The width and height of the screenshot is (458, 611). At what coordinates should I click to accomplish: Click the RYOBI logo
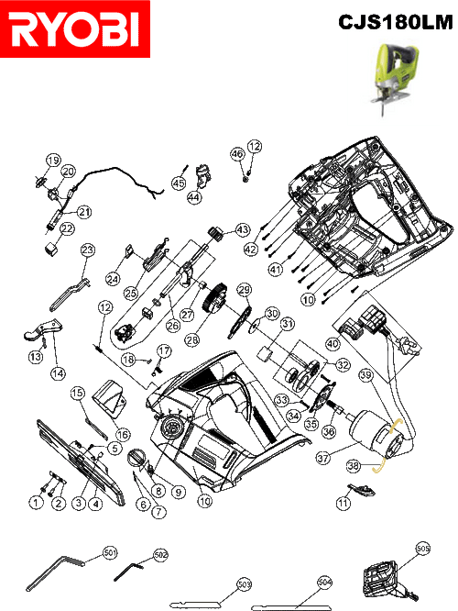click(75, 28)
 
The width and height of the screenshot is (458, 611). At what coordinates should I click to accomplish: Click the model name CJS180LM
click(396, 22)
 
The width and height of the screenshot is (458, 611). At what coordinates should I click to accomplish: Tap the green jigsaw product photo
click(394, 79)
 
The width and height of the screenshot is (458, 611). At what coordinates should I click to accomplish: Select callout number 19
click(53, 161)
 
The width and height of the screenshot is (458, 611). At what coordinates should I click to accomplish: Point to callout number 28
click(191, 339)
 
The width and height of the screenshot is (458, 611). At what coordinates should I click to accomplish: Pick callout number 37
click(323, 458)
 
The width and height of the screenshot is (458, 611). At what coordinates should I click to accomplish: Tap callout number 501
click(110, 552)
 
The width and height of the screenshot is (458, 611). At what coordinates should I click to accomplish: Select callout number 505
click(422, 549)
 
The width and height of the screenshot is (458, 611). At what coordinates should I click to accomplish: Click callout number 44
click(194, 197)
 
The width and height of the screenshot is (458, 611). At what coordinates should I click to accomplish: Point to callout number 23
click(88, 250)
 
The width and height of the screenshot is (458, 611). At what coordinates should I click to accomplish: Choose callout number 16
click(123, 434)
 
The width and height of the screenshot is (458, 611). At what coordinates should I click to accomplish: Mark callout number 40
click(333, 344)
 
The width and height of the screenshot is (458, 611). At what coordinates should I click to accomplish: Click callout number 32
click(343, 365)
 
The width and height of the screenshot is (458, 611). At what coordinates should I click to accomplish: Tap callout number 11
click(343, 503)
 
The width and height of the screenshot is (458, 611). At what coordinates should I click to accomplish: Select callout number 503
click(244, 584)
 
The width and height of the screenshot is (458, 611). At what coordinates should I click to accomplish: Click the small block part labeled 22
click(51, 249)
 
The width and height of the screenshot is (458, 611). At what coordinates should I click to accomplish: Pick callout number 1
click(37, 502)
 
